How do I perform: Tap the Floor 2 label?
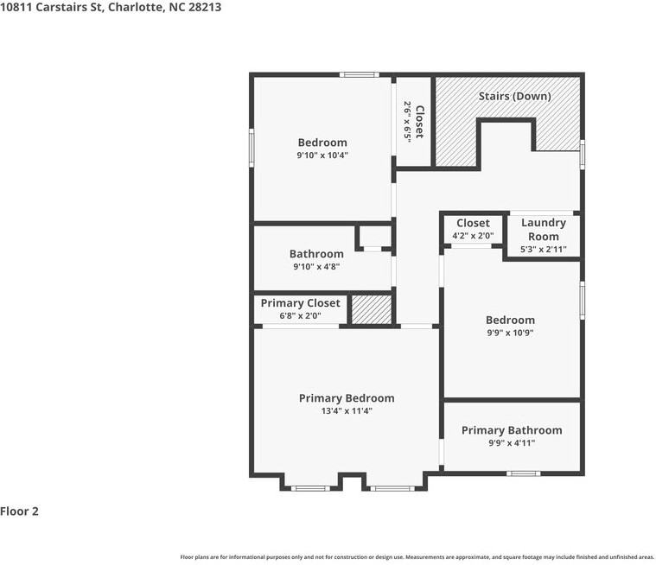pyautogui.click(x=20, y=511)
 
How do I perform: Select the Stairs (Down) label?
pyautogui.click(x=514, y=96)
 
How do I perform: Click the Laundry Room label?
pyautogui.click(x=543, y=230)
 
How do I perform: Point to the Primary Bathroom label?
pyautogui.click(x=512, y=430)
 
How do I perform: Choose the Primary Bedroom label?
pyautogui.click(x=347, y=398)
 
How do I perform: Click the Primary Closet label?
pyautogui.click(x=301, y=303)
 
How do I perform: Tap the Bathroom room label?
pyautogui.click(x=316, y=254)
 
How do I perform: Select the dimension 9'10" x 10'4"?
pyautogui.click(x=322, y=156)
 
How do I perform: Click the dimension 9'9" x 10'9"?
pyautogui.click(x=510, y=333)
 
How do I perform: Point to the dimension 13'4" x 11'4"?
pyautogui.click(x=347, y=411)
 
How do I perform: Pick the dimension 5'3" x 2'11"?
pyautogui.click(x=543, y=250)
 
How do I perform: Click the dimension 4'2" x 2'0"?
pyautogui.click(x=473, y=236)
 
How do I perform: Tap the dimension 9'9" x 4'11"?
pyautogui.click(x=512, y=443)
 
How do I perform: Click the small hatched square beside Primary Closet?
pyautogui.click(x=372, y=309)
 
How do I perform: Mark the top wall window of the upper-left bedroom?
pyautogui.click(x=359, y=75)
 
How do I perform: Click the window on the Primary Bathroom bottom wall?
pyautogui.click(x=523, y=473)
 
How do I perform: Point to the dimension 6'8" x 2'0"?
pyautogui.click(x=300, y=316)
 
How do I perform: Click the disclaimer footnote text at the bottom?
pyautogui.click(x=417, y=557)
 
